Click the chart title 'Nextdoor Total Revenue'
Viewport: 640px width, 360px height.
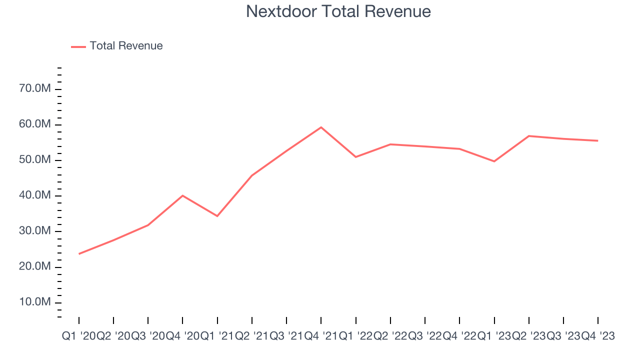(338, 11)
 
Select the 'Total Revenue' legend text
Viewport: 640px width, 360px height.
(126, 46)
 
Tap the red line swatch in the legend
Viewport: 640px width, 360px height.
(78, 46)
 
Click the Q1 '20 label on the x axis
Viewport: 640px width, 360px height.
(78, 336)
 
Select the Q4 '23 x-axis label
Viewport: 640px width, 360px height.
(597, 336)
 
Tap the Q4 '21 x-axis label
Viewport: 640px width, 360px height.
(321, 336)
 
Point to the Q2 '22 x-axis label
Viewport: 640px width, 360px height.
(390, 336)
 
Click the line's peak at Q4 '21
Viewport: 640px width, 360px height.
(321, 127)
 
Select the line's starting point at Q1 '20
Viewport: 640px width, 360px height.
(79, 254)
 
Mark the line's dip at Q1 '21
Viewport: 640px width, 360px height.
(217, 216)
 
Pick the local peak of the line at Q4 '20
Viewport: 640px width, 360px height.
(182, 195)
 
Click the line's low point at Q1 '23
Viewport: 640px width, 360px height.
(494, 161)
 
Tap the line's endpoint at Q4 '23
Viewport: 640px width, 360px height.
(598, 140)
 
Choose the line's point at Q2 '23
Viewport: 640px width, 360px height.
(528, 136)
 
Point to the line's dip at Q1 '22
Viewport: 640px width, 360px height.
(355, 157)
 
